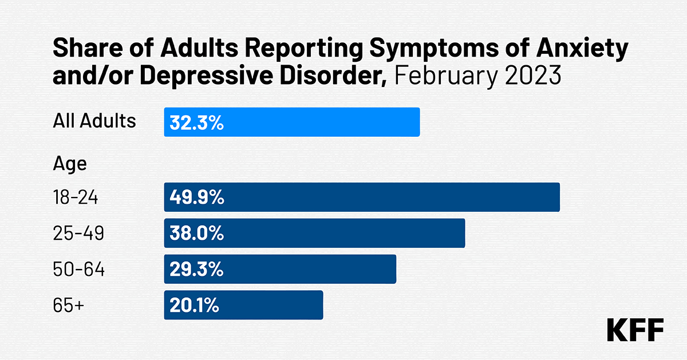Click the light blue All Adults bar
pos(292,122)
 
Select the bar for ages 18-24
pos(361,197)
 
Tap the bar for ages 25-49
pos(314,234)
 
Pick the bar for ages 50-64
pos(280,269)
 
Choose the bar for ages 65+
pos(243,305)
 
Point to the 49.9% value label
pos(196,198)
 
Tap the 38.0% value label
pos(196,234)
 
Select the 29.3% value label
pos(196,270)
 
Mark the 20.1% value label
pos(195,306)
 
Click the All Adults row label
pos(94,121)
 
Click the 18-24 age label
pos(76,198)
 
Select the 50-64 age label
pos(78,270)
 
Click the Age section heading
pos(70,164)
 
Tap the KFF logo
pos(635,330)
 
